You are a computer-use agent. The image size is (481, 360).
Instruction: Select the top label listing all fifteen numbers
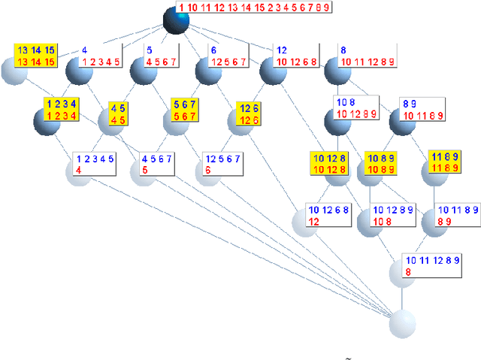click(255, 8)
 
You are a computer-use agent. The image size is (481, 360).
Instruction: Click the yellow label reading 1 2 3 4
click(62, 109)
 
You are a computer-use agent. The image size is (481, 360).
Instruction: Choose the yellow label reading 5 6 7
click(184, 110)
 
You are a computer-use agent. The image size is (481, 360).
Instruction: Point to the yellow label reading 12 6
click(249, 114)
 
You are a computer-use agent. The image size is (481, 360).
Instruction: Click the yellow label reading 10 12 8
click(331, 163)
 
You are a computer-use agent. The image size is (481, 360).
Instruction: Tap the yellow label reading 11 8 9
click(444, 161)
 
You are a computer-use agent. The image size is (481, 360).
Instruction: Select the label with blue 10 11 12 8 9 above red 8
click(431, 266)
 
